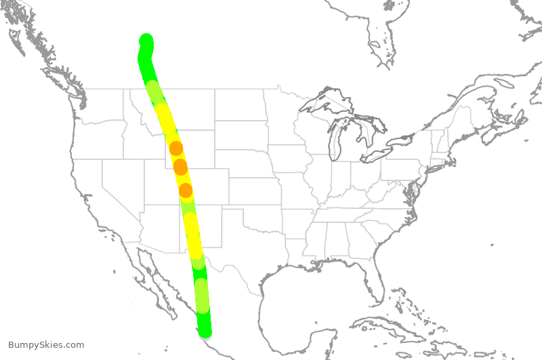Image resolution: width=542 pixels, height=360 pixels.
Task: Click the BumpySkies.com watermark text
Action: point(46,345)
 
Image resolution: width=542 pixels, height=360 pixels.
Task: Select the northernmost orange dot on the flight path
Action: point(175,148)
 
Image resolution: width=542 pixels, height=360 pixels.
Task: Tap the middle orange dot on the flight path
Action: point(180,166)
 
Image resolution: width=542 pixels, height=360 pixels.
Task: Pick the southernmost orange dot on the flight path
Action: point(186,191)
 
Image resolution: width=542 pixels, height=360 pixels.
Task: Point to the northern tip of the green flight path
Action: point(146,39)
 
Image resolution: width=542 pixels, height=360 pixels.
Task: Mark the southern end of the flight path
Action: point(205,331)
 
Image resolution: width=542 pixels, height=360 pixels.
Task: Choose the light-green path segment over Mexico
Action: point(202,296)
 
